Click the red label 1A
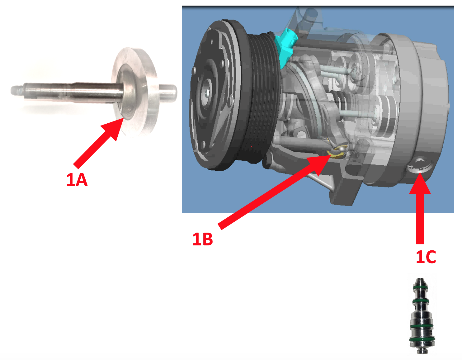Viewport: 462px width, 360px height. click(77, 180)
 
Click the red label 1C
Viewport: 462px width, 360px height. click(426, 257)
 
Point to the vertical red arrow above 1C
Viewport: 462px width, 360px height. click(420, 208)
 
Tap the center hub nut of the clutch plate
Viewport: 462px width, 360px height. click(207, 92)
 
